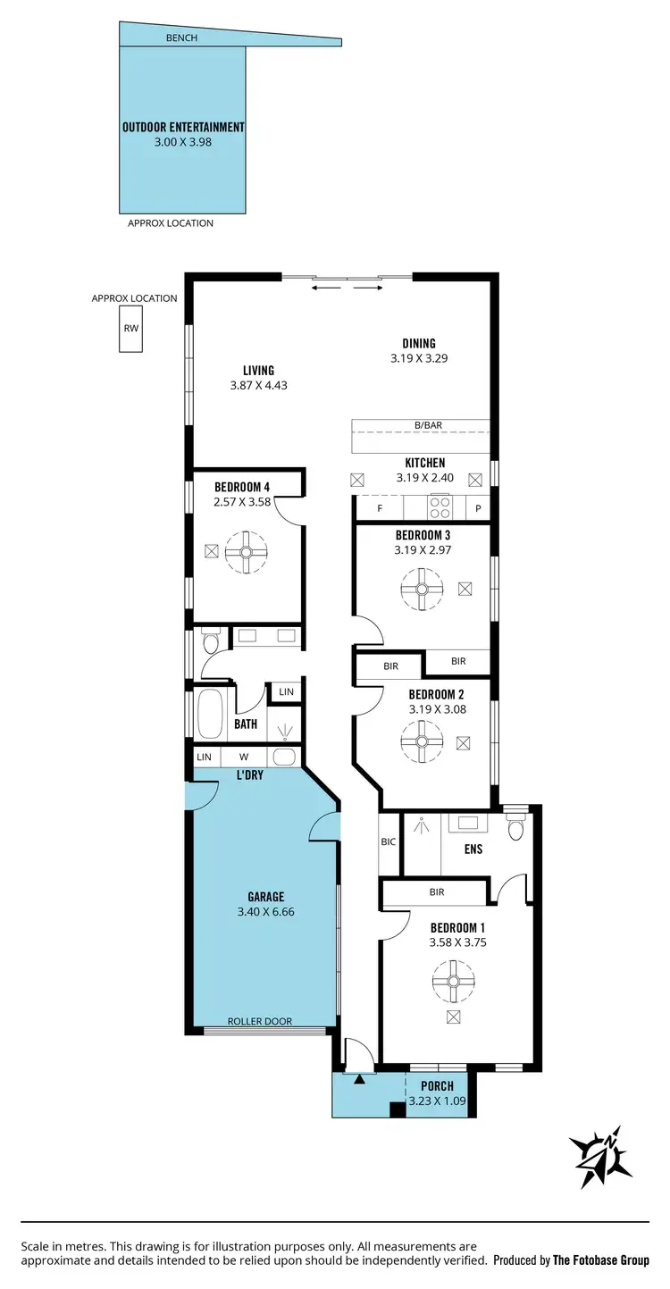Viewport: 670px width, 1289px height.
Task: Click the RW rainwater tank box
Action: [x=131, y=329]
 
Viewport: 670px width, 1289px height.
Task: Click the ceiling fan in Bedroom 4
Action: [x=246, y=552]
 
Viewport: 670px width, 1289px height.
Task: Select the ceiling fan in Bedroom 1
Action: [x=453, y=981]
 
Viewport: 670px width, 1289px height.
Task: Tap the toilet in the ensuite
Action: [x=515, y=826]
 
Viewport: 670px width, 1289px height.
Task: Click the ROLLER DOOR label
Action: [x=259, y=1021]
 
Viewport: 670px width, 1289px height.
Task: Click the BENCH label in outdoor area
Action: [x=181, y=38]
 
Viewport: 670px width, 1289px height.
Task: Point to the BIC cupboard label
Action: [x=388, y=841]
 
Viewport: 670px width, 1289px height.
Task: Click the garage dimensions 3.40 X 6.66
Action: [x=265, y=912]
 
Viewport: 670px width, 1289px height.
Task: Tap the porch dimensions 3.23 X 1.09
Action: [x=438, y=1101]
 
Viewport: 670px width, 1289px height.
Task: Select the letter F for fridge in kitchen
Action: [x=380, y=508]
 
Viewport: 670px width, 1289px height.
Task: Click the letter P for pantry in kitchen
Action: [x=478, y=508]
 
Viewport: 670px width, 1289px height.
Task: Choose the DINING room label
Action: [x=418, y=343]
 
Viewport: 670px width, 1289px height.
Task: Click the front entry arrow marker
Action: [x=359, y=1080]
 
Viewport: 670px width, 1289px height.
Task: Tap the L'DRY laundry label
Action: [x=249, y=775]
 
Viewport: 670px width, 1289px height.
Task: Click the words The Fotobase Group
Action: [x=600, y=1260]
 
